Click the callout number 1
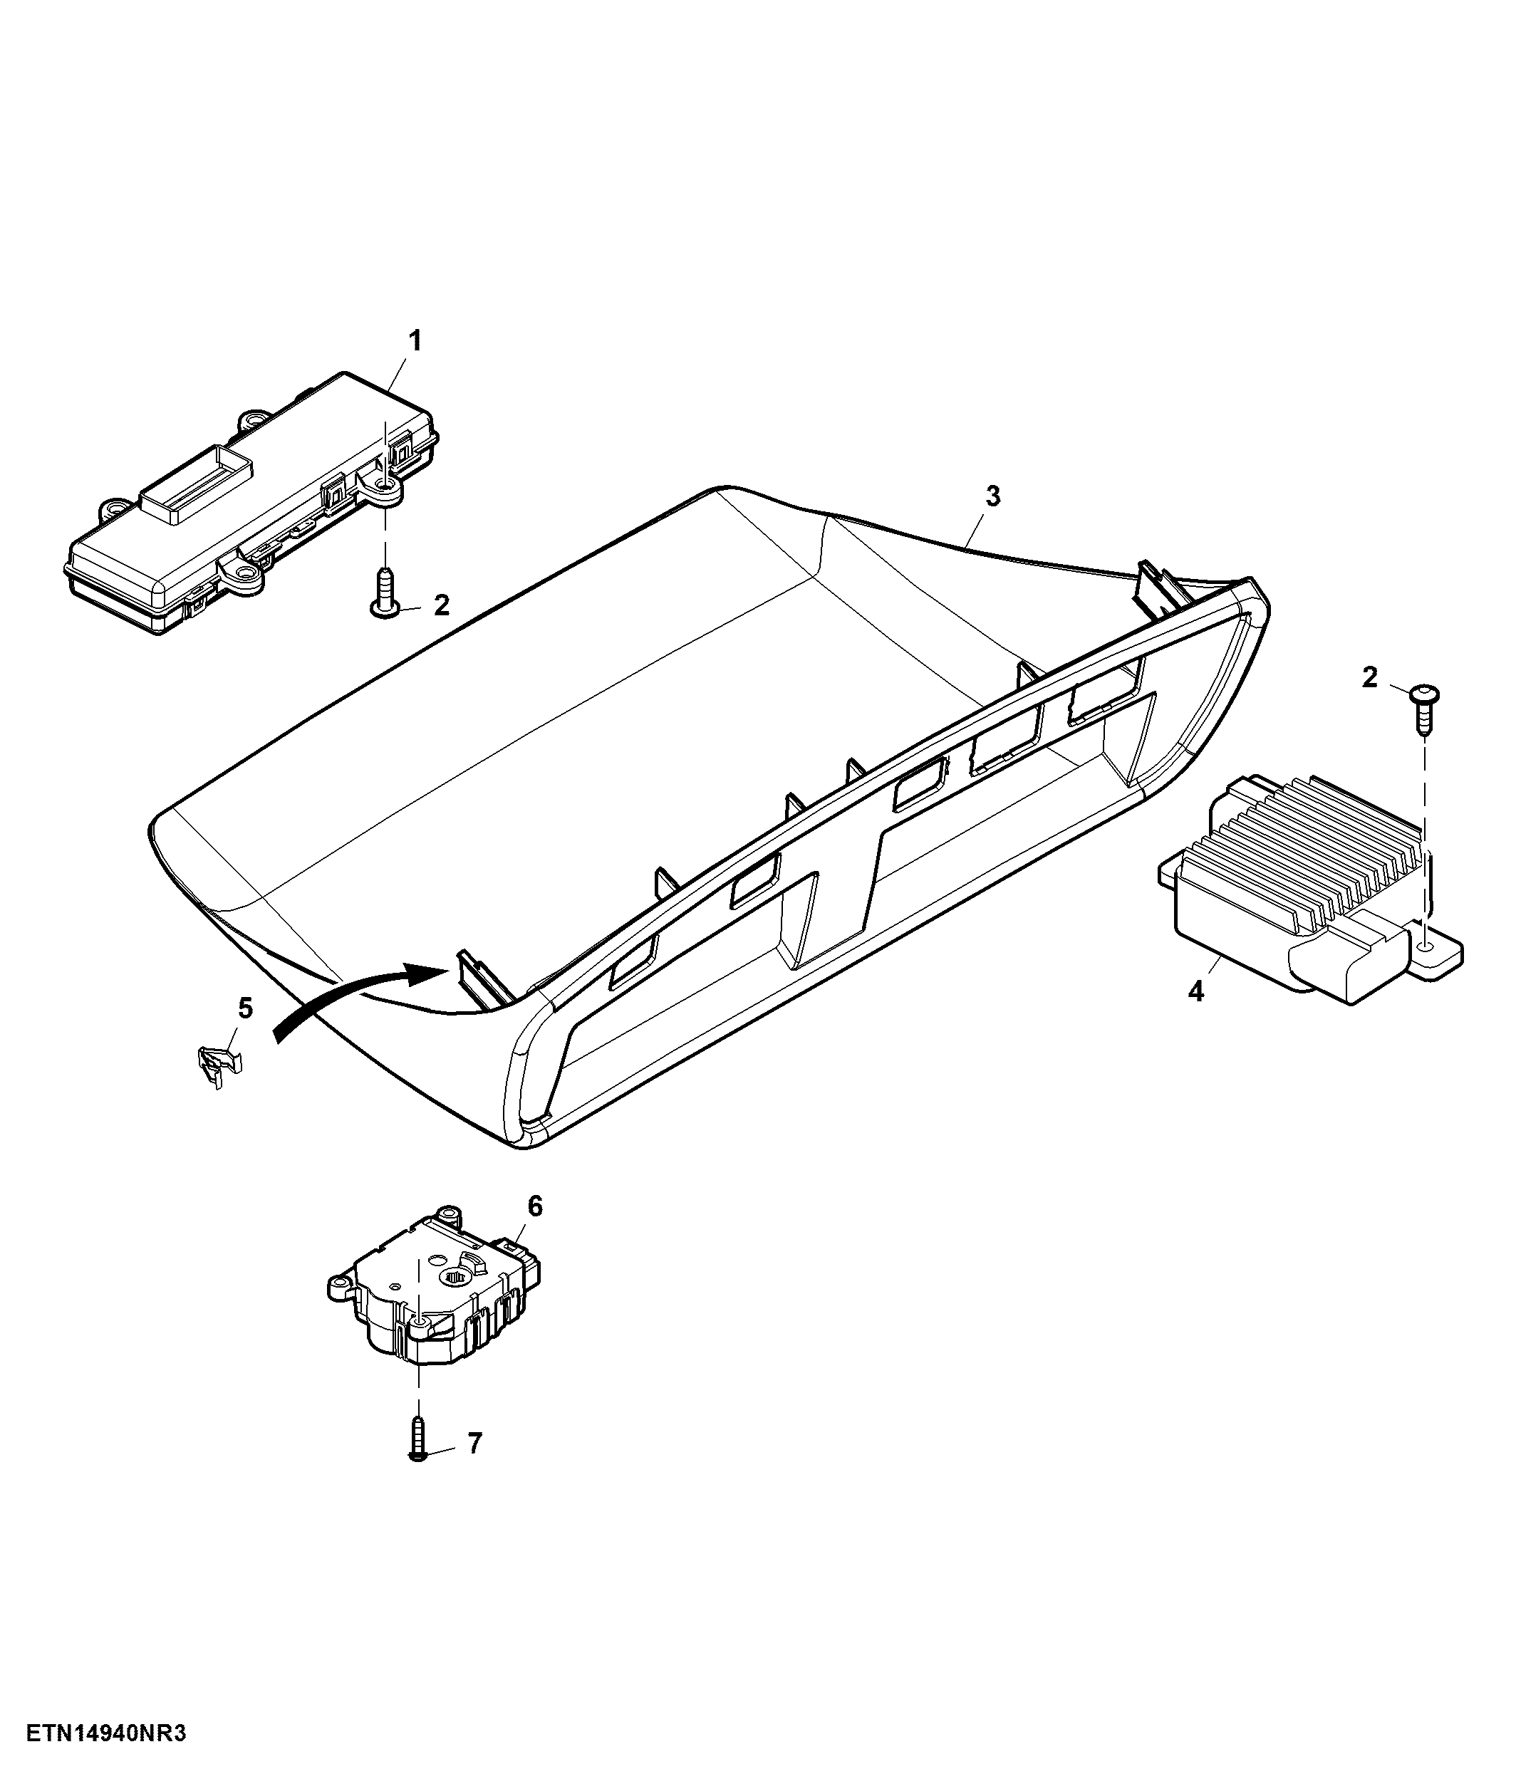coord(415,342)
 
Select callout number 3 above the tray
coord(992,496)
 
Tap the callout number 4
coord(1195,991)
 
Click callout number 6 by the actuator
coord(534,1206)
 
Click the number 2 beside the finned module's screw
coord(1370,678)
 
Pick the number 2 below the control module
coord(441,605)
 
